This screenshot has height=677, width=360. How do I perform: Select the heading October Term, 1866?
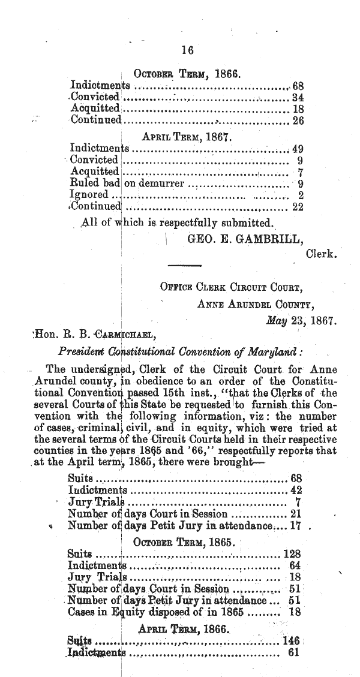coord(187,75)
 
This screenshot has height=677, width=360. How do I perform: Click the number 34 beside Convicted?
coord(296,97)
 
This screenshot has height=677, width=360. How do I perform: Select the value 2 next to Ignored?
coord(300,195)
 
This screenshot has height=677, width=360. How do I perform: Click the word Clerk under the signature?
coord(320,254)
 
